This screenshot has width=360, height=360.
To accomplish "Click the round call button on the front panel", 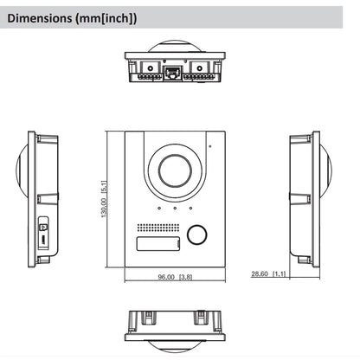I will pyautogui.click(x=198, y=235).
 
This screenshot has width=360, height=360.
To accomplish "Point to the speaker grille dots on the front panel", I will pyautogui.click(x=157, y=228).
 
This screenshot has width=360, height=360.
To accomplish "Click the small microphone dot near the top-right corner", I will pyautogui.click(x=209, y=145).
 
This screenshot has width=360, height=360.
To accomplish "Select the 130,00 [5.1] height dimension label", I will pyautogui.click(x=104, y=200).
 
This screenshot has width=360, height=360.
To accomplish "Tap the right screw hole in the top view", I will pyautogui.click(x=195, y=66).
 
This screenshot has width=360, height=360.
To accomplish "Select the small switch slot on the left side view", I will pyautogui.click(x=44, y=235).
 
